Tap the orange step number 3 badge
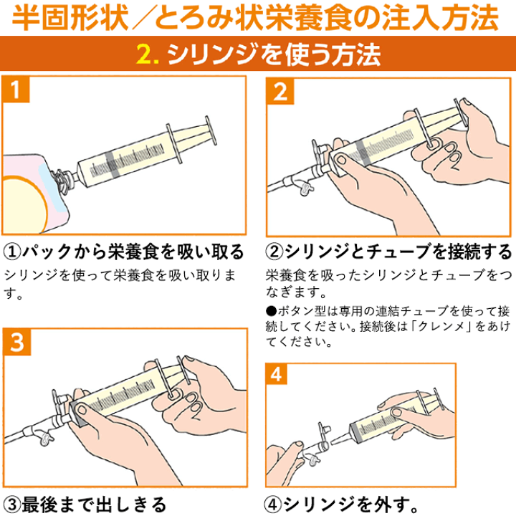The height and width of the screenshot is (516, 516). click(x=21, y=343)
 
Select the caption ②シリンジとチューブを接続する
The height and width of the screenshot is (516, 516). click(x=389, y=252)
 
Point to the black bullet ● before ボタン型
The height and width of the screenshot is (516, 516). click(x=270, y=312)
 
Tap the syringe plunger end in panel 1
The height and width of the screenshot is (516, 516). click(x=209, y=132)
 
